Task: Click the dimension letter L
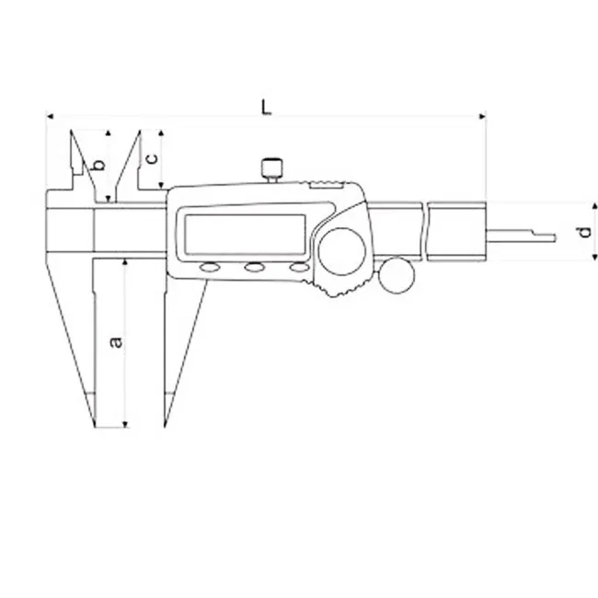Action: point(266,107)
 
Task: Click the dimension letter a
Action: point(116,342)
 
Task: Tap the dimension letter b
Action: point(99,165)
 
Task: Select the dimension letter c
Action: point(152,158)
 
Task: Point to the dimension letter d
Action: point(584,232)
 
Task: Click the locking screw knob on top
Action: point(272,169)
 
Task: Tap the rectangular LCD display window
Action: point(246,235)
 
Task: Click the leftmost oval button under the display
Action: point(210,268)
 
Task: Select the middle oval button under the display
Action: point(254,268)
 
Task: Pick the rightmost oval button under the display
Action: point(299,268)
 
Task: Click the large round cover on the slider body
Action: point(342,251)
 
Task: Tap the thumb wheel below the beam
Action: point(397,275)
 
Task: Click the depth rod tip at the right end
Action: point(554,238)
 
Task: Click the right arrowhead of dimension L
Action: point(483,116)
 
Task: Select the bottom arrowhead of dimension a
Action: point(125,424)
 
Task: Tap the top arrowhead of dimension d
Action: point(594,207)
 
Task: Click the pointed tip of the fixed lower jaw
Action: point(94,426)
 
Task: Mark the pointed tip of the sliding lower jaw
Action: point(165,425)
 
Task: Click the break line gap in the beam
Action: point(424,232)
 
